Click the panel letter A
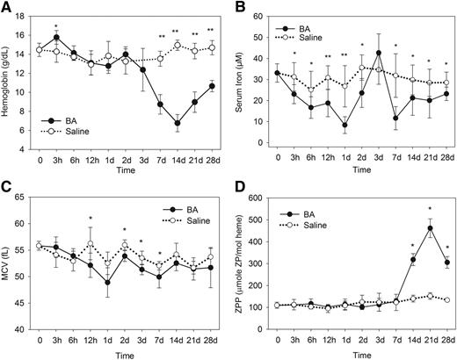point(6,7)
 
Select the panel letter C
point(6,187)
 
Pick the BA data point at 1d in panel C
point(107,282)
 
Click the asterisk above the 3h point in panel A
point(56,26)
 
